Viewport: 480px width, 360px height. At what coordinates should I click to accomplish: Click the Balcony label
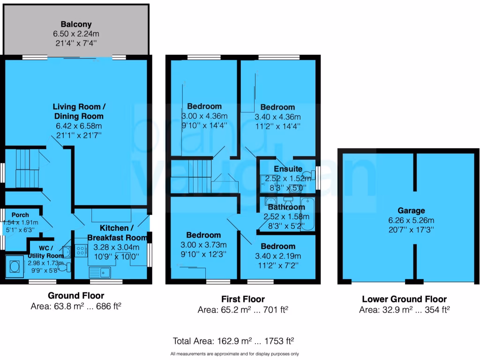tap(76, 24)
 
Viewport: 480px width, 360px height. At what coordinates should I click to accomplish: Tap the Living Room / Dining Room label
tap(78, 111)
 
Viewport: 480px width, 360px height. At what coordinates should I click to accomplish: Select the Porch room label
tap(21, 215)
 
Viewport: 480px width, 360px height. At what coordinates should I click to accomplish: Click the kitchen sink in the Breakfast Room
tap(99, 271)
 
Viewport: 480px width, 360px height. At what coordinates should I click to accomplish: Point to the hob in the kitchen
tap(81, 251)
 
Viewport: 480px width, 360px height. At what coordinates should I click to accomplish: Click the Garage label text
tap(411, 211)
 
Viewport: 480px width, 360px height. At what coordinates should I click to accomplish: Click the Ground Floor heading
tap(76, 296)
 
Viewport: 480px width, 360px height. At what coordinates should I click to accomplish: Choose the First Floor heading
tap(243, 299)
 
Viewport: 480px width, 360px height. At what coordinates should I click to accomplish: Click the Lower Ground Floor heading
tap(404, 299)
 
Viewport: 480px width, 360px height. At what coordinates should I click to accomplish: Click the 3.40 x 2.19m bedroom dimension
tap(278, 256)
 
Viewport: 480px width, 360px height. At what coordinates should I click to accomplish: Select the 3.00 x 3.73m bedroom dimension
tap(203, 245)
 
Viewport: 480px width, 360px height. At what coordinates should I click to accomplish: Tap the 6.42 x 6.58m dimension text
tap(78, 126)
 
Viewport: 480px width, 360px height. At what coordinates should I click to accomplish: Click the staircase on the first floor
tap(192, 176)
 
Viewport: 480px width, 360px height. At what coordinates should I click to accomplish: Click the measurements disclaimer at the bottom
tap(234, 354)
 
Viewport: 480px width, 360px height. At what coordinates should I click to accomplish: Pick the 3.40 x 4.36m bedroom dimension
tap(278, 117)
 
